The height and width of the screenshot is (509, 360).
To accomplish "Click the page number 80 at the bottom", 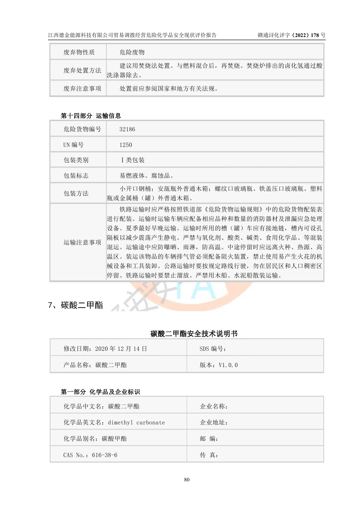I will [x=187, y=480].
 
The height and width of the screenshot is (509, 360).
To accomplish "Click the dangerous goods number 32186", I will [x=127, y=129].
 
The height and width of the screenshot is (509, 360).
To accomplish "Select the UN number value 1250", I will [x=126, y=145].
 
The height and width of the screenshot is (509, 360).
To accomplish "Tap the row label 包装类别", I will [x=76, y=160].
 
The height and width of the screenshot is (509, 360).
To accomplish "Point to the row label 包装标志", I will [x=76, y=176].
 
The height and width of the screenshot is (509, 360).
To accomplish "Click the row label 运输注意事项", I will [x=82, y=242].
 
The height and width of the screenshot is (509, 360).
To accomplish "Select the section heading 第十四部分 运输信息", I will [x=91, y=116].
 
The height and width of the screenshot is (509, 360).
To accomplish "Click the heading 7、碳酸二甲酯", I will [x=75, y=305].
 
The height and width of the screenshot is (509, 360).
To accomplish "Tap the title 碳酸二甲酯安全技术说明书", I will [x=194, y=333].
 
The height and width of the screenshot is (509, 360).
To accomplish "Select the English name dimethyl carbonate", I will [x=136, y=423].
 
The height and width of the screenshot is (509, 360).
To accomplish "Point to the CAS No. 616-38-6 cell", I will [x=90, y=455].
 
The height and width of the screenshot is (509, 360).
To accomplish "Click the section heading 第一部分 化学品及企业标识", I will [x=100, y=392].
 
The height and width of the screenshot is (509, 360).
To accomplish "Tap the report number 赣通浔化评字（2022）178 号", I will [x=291, y=35].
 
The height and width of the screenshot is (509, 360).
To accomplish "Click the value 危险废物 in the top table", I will [x=132, y=52].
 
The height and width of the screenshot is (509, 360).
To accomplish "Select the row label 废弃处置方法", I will [x=82, y=70].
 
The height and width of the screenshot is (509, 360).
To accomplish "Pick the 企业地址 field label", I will [x=214, y=423].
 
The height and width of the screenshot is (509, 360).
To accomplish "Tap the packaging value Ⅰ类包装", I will [x=133, y=160].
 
